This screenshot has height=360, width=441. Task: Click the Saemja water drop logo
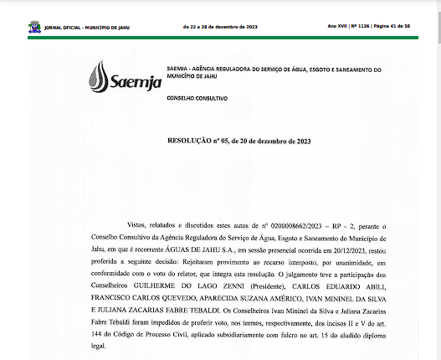click(x=100, y=76)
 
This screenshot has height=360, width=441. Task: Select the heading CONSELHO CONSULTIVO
click(x=192, y=97)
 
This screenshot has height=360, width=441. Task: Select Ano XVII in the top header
click(x=337, y=27)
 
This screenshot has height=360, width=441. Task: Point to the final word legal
click(x=103, y=343)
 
